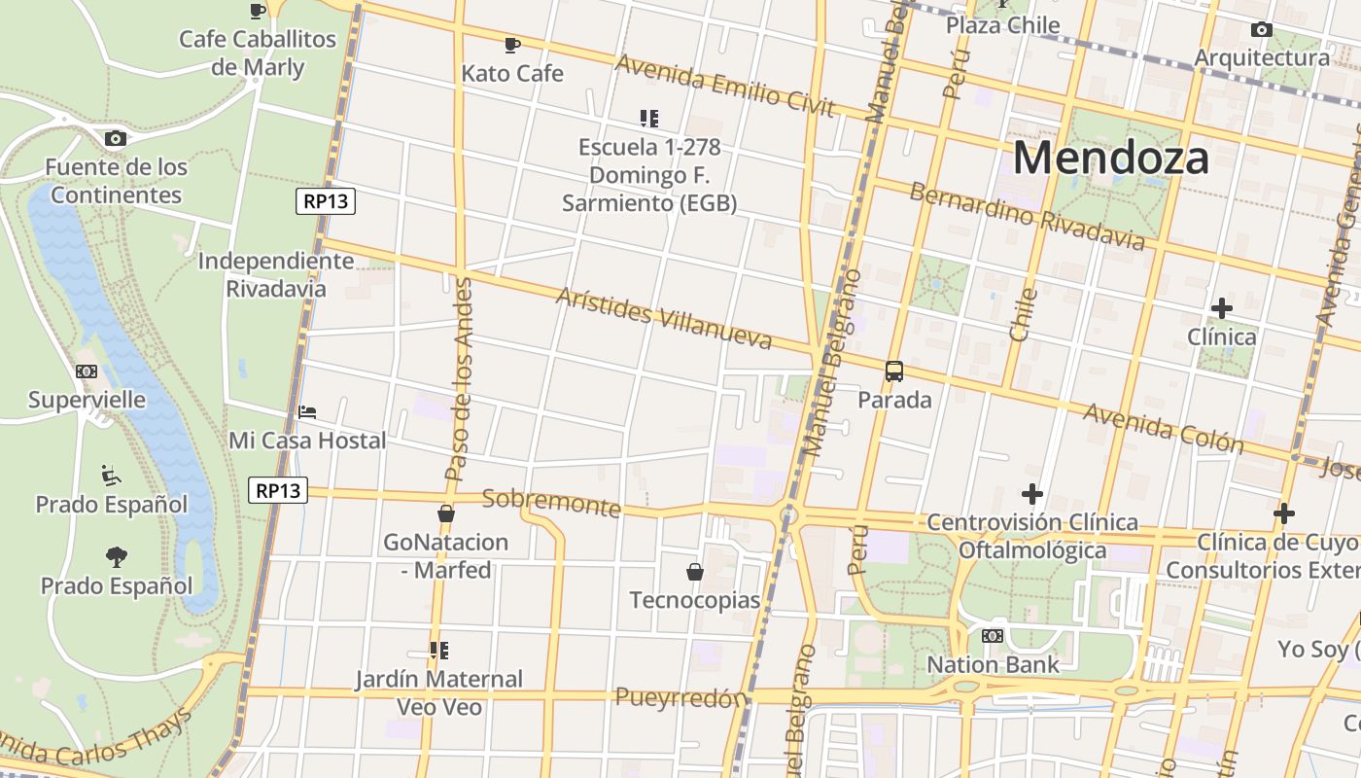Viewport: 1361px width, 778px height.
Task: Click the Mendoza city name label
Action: [1111, 158]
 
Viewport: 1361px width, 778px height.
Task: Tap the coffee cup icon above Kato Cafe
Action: [512, 45]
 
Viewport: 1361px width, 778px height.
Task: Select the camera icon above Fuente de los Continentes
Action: [116, 139]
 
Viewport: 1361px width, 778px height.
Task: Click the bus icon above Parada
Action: [894, 371]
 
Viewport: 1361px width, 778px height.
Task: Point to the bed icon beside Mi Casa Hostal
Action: [307, 412]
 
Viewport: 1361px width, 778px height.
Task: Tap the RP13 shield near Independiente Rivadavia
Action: [326, 201]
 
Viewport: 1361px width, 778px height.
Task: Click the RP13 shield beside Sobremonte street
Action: [279, 490]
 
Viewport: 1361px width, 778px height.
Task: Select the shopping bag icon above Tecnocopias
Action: [695, 572]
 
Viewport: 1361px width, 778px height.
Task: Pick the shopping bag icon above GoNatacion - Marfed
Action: [446, 513]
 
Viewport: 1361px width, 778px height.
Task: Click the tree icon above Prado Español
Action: [117, 557]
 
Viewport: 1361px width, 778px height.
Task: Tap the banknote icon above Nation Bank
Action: [993, 636]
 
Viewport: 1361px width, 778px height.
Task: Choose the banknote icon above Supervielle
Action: [87, 371]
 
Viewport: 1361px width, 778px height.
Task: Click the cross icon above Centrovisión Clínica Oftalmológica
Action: [1032, 494]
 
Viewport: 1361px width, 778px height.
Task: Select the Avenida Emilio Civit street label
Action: [725, 85]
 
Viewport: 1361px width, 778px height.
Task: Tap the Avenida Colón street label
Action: [1164, 429]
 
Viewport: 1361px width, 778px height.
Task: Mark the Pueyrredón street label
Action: [680, 697]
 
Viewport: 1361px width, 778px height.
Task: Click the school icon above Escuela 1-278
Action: [649, 119]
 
